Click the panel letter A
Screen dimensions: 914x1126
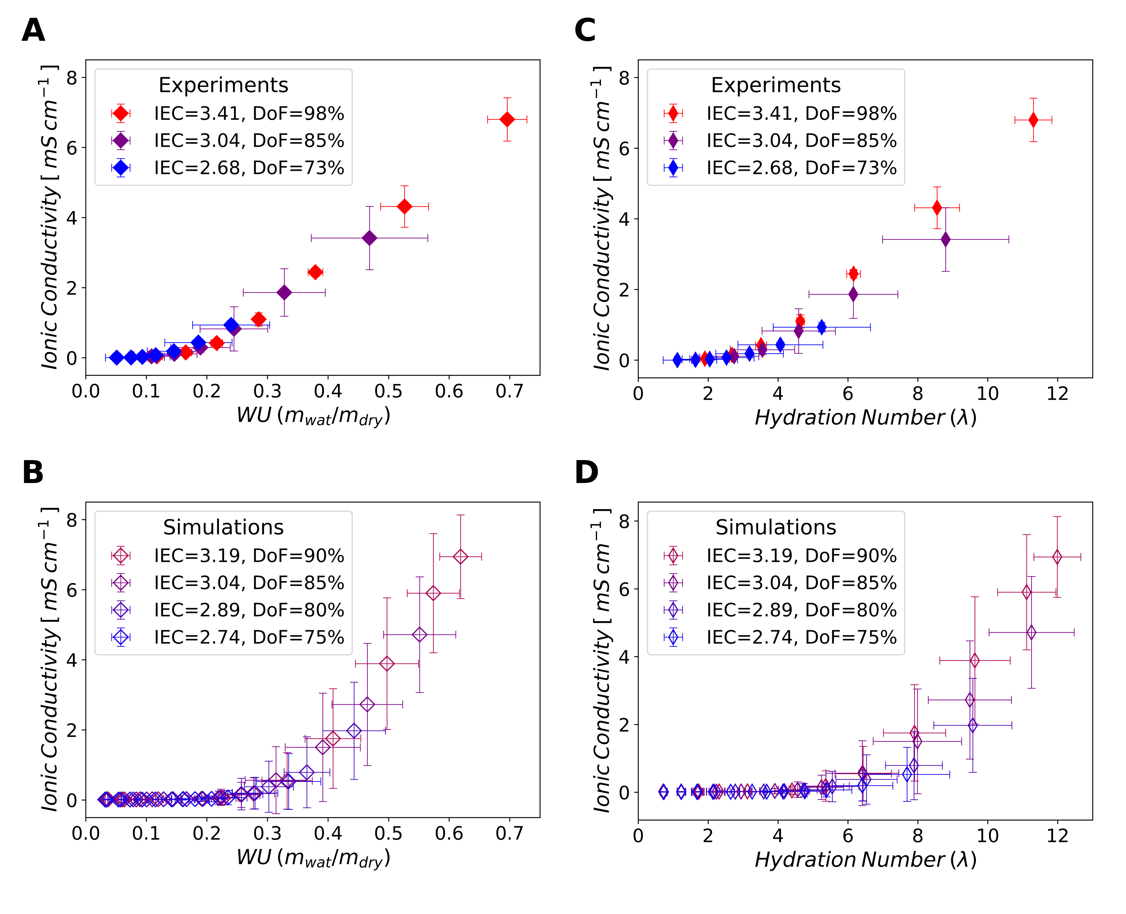33,30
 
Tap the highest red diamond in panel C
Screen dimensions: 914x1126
1033,120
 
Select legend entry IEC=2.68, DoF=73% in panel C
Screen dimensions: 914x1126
801,168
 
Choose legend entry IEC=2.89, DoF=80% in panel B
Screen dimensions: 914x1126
249,610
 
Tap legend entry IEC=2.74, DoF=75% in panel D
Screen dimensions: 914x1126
801,638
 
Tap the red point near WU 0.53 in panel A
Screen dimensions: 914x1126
404,206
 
